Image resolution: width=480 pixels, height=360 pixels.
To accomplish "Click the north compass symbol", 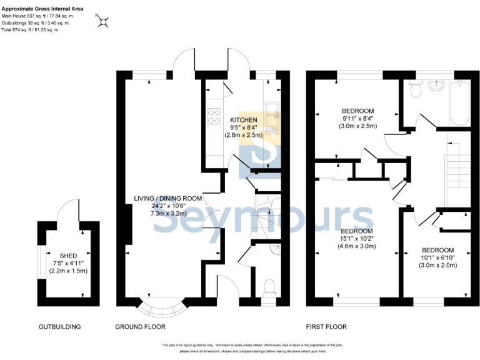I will coord(103,22).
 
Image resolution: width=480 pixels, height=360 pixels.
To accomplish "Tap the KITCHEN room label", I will coord(243,119).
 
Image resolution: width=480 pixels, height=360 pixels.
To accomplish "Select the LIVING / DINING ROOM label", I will coord(167,198).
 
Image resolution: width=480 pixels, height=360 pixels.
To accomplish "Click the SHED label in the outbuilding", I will coord(68,256).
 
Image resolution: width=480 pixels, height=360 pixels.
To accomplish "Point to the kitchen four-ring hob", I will coord(213,117).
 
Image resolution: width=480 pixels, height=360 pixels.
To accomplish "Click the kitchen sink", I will coord(274,117).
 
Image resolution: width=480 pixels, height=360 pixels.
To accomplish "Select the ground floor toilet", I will coord(270,287).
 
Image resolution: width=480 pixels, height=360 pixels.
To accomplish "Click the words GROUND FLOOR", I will coord(140,327).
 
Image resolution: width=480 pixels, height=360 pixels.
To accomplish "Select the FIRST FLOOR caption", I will coord(326,327).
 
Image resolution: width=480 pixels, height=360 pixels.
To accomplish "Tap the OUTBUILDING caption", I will coord(60,327).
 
